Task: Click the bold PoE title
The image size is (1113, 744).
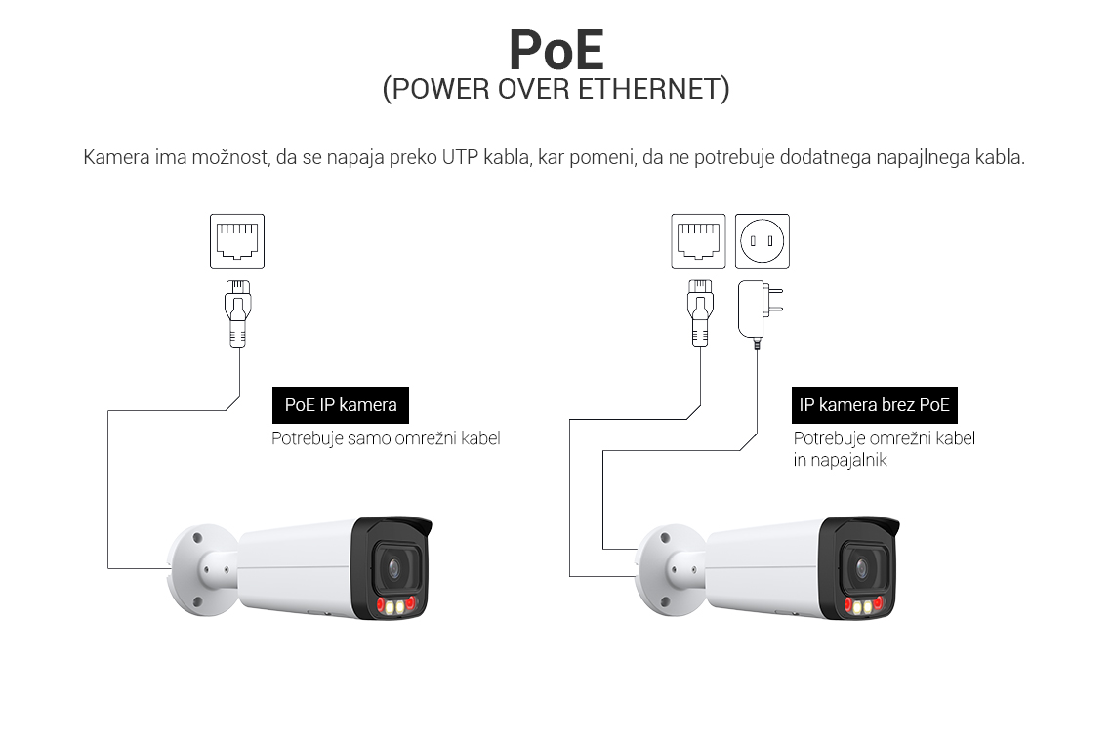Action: pyautogui.click(x=556, y=48)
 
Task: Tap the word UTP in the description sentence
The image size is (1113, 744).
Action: pyautogui.click(x=462, y=157)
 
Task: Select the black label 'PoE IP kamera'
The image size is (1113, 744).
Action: pyautogui.click(x=341, y=405)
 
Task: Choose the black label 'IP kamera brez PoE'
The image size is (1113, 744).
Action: pyautogui.click(x=874, y=405)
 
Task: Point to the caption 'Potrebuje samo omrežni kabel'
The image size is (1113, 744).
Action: pyautogui.click(x=386, y=439)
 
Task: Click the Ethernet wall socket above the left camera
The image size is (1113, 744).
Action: pyautogui.click(x=237, y=240)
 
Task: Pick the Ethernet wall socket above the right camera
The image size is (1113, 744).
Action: pyautogui.click(x=698, y=240)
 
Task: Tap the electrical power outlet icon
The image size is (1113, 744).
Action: pyautogui.click(x=762, y=240)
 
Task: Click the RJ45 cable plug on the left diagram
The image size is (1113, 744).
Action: pyautogui.click(x=238, y=311)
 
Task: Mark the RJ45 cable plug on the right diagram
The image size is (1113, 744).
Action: pyautogui.click(x=699, y=311)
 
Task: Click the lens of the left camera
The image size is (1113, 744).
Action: pyautogui.click(x=394, y=566)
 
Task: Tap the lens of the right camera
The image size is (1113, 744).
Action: pyautogui.click(x=860, y=566)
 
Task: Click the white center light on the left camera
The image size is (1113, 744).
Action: pyautogui.click(x=396, y=607)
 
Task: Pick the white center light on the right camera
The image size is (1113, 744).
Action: pyautogui.click(x=862, y=607)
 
